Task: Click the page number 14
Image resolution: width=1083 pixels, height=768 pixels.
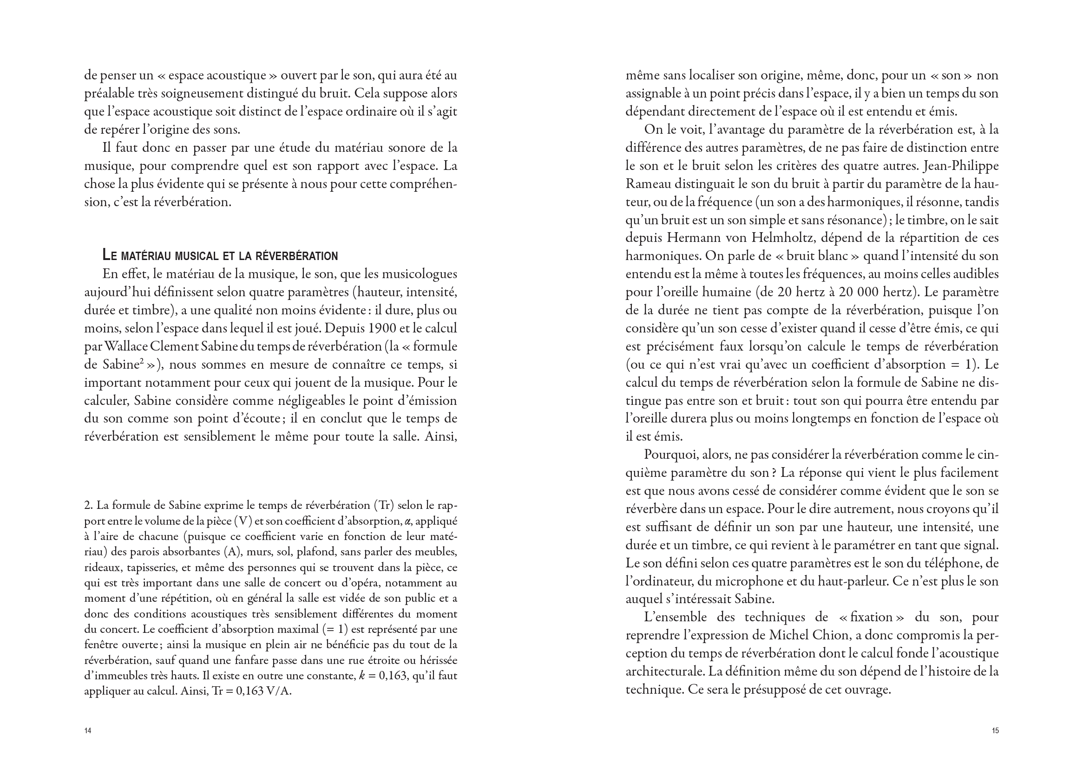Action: click(x=87, y=731)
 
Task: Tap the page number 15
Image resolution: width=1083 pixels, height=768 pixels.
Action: click(x=995, y=731)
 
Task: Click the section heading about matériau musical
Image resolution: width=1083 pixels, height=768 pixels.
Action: click(x=220, y=256)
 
